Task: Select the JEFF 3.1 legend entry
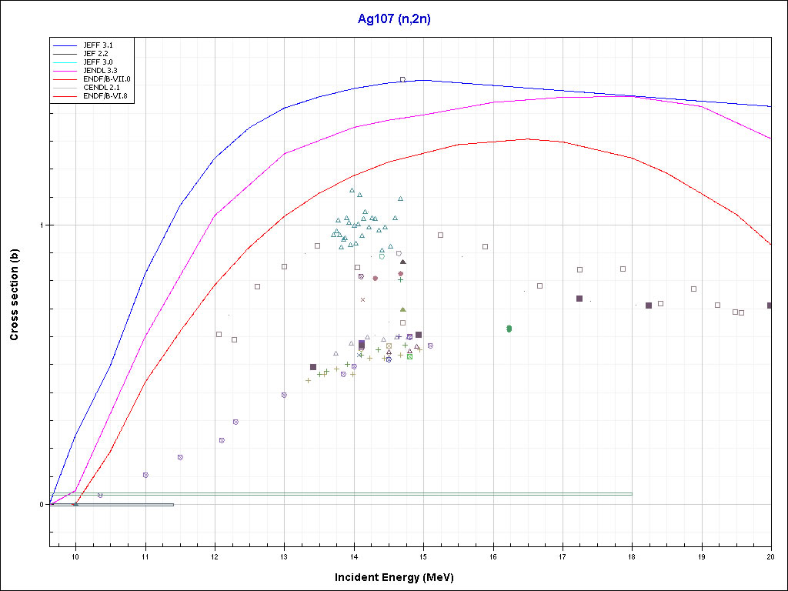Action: (98, 45)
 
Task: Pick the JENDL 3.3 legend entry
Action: (100, 70)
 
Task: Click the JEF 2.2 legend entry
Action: (96, 54)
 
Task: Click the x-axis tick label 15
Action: (423, 556)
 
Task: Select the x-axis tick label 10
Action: (75, 556)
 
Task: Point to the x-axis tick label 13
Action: (284, 556)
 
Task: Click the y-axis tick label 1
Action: (42, 225)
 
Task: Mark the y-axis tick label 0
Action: (42, 505)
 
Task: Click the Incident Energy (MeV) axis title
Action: (399, 577)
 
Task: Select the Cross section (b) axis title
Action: (14, 295)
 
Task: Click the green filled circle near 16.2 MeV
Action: (509, 329)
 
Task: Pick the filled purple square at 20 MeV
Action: (770, 306)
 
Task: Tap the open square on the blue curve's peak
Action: (402, 79)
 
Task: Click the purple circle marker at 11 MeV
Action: (145, 475)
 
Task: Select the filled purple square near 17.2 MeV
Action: (579, 299)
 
